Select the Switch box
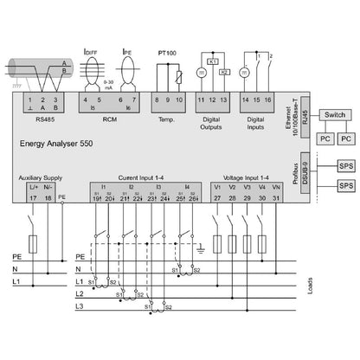point(335,114)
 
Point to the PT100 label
point(168,54)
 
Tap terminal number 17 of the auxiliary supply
point(32,198)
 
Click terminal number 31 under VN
point(276,198)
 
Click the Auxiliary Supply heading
point(41,177)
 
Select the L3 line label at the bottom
point(79,307)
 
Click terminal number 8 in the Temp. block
point(157,101)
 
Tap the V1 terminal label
point(218,187)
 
